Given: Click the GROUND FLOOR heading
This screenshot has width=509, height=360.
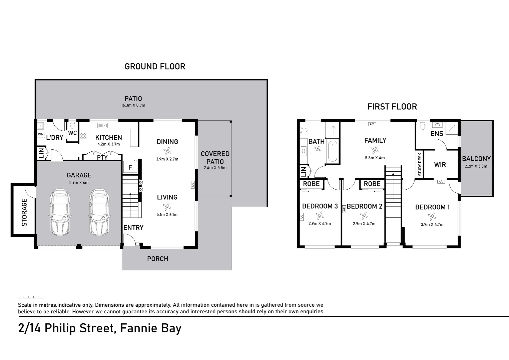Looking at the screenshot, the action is click(155, 67).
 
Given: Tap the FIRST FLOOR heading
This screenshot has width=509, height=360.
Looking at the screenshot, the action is click(392, 107).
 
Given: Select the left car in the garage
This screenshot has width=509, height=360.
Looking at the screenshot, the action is click(60, 212).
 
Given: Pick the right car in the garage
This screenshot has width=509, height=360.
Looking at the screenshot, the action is click(99, 212).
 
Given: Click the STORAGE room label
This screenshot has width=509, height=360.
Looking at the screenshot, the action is click(24, 212).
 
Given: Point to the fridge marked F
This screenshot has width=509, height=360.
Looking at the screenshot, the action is click(130, 167).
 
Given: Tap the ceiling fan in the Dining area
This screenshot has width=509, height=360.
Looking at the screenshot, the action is click(167, 151).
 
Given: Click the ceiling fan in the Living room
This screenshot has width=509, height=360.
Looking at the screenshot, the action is click(167, 206).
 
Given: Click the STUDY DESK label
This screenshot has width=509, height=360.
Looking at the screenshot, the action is click(420, 164).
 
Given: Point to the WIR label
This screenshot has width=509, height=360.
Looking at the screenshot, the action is click(440, 165).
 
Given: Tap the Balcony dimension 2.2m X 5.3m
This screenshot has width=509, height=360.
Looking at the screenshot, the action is click(476, 166).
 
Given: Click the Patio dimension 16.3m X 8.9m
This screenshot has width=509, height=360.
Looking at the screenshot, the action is click(133, 105).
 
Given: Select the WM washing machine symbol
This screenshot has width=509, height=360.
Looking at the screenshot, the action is click(40, 134).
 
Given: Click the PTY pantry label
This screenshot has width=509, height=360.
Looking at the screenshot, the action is click(102, 158).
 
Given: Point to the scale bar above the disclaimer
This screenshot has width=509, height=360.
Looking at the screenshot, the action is click(31, 297).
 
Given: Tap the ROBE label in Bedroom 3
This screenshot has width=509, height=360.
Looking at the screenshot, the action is click(311, 184).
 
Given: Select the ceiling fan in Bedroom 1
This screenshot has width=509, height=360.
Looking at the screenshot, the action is click(432, 216).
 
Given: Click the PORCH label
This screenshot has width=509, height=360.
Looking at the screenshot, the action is click(158, 259).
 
